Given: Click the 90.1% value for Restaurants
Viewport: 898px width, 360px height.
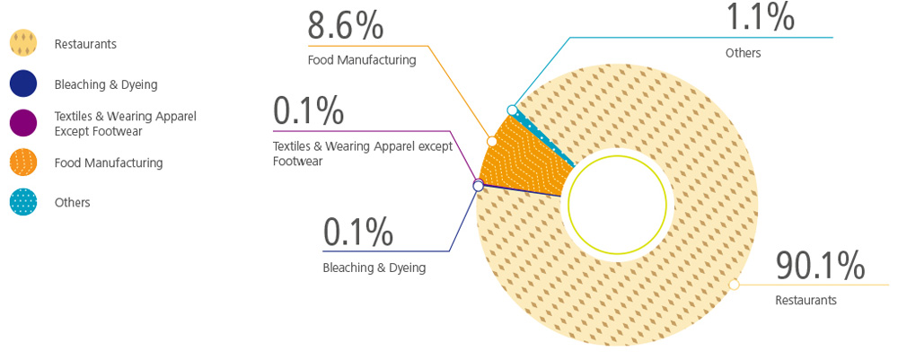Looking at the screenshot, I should pyautogui.click(x=820, y=267).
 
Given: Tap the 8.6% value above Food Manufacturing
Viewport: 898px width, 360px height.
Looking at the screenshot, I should pyautogui.click(x=346, y=26).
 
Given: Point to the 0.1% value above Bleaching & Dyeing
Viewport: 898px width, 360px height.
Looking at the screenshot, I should pyautogui.click(x=357, y=233).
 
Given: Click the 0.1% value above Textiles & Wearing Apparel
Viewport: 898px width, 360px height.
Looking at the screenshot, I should pyautogui.click(x=308, y=110).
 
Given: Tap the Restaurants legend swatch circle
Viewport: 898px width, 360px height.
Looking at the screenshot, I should pyautogui.click(x=23, y=44).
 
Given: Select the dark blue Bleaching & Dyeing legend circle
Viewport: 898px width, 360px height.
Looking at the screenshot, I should pyautogui.click(x=23, y=84).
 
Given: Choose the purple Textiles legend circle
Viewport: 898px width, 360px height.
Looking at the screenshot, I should pyautogui.click(x=23, y=123).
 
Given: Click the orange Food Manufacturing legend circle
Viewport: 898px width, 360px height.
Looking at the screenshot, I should pyautogui.click(x=23, y=163).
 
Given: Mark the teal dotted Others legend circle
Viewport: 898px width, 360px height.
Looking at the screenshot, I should pyautogui.click(x=23, y=203).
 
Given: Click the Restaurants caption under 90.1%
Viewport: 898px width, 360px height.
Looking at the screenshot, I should pyautogui.click(x=806, y=301).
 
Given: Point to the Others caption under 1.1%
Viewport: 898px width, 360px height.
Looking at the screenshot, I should pyautogui.click(x=743, y=53).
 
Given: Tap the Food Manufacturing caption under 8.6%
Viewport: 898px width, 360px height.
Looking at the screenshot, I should pyautogui.click(x=361, y=60).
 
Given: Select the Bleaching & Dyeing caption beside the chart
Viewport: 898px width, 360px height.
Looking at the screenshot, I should pyautogui.click(x=374, y=267).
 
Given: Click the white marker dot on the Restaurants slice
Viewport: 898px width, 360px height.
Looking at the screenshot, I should pyautogui.click(x=735, y=285).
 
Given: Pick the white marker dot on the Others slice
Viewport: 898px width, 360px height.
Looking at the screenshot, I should pyautogui.click(x=512, y=110).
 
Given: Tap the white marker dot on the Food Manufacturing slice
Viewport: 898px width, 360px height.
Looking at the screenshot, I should pyautogui.click(x=491, y=141).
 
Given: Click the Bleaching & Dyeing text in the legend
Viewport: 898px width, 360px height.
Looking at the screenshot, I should pyautogui.click(x=105, y=84).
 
